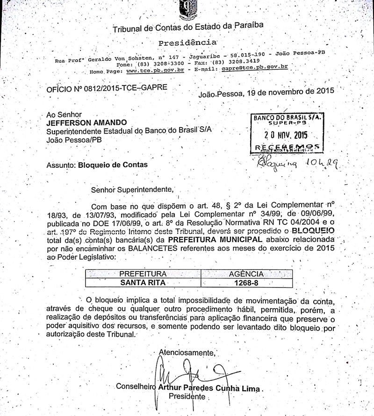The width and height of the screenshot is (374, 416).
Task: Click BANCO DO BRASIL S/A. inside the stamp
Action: [287, 118]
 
